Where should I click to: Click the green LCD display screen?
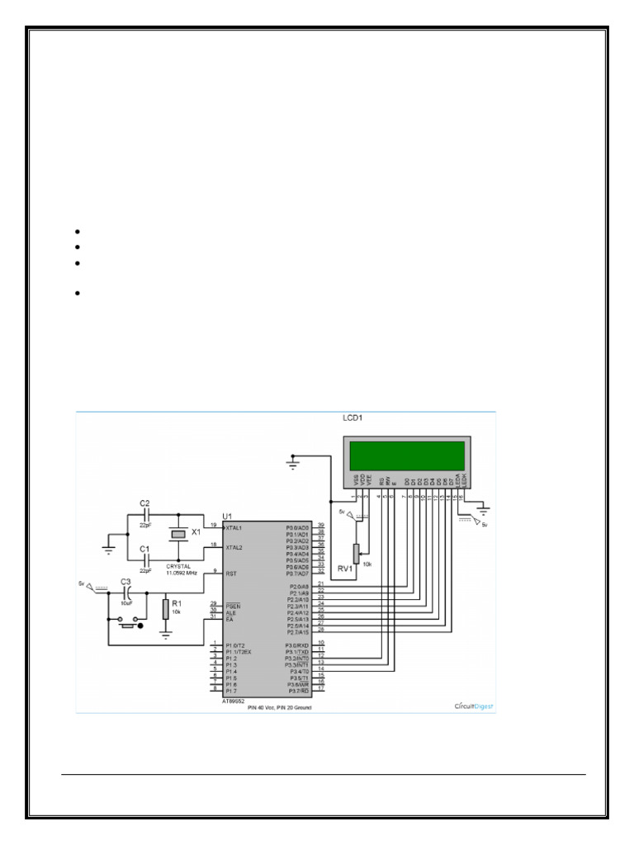[x=406, y=455]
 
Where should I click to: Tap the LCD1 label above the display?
[x=354, y=418]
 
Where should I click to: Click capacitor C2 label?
[x=144, y=503]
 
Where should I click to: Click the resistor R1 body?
[x=165, y=610]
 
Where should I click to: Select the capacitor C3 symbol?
[x=126, y=592]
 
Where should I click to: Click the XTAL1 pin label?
[x=234, y=526]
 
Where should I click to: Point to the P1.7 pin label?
[x=231, y=690]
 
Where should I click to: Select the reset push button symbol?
[x=127, y=626]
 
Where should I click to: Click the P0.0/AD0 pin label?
[x=297, y=526]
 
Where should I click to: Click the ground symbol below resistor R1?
[x=165, y=636]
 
